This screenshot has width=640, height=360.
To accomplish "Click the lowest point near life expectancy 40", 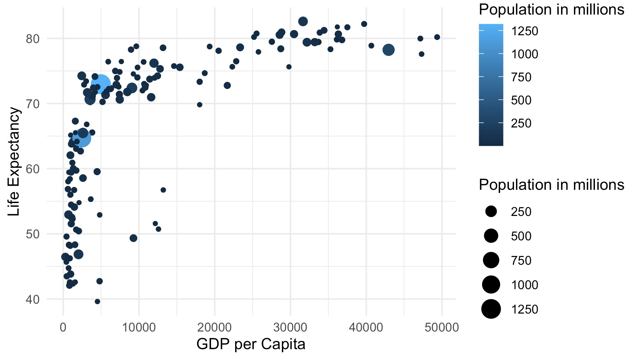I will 98,301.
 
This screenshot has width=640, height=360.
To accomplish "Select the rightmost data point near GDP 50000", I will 437,37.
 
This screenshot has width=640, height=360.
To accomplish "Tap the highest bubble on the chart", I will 303,22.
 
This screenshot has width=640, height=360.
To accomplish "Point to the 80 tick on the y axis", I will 33,39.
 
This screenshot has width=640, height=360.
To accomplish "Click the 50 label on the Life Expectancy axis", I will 33,234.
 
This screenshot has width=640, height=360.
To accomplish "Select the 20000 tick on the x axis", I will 214,328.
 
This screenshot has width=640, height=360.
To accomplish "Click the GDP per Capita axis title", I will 251,344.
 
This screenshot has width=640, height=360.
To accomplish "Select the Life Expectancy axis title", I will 14,162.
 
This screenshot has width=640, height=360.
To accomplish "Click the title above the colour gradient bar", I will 551,10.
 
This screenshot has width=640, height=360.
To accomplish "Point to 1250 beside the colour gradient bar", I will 524,31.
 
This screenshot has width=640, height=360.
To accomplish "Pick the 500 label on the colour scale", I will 521,100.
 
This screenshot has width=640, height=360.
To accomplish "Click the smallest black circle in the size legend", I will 491,212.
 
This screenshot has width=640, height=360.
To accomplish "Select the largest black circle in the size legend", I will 491,309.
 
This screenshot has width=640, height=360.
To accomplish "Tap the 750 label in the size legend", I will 521,261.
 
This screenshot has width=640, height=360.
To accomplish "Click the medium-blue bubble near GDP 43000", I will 389,50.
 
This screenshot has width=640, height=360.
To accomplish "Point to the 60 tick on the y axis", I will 33,169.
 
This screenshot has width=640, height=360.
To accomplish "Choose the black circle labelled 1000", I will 491,285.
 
